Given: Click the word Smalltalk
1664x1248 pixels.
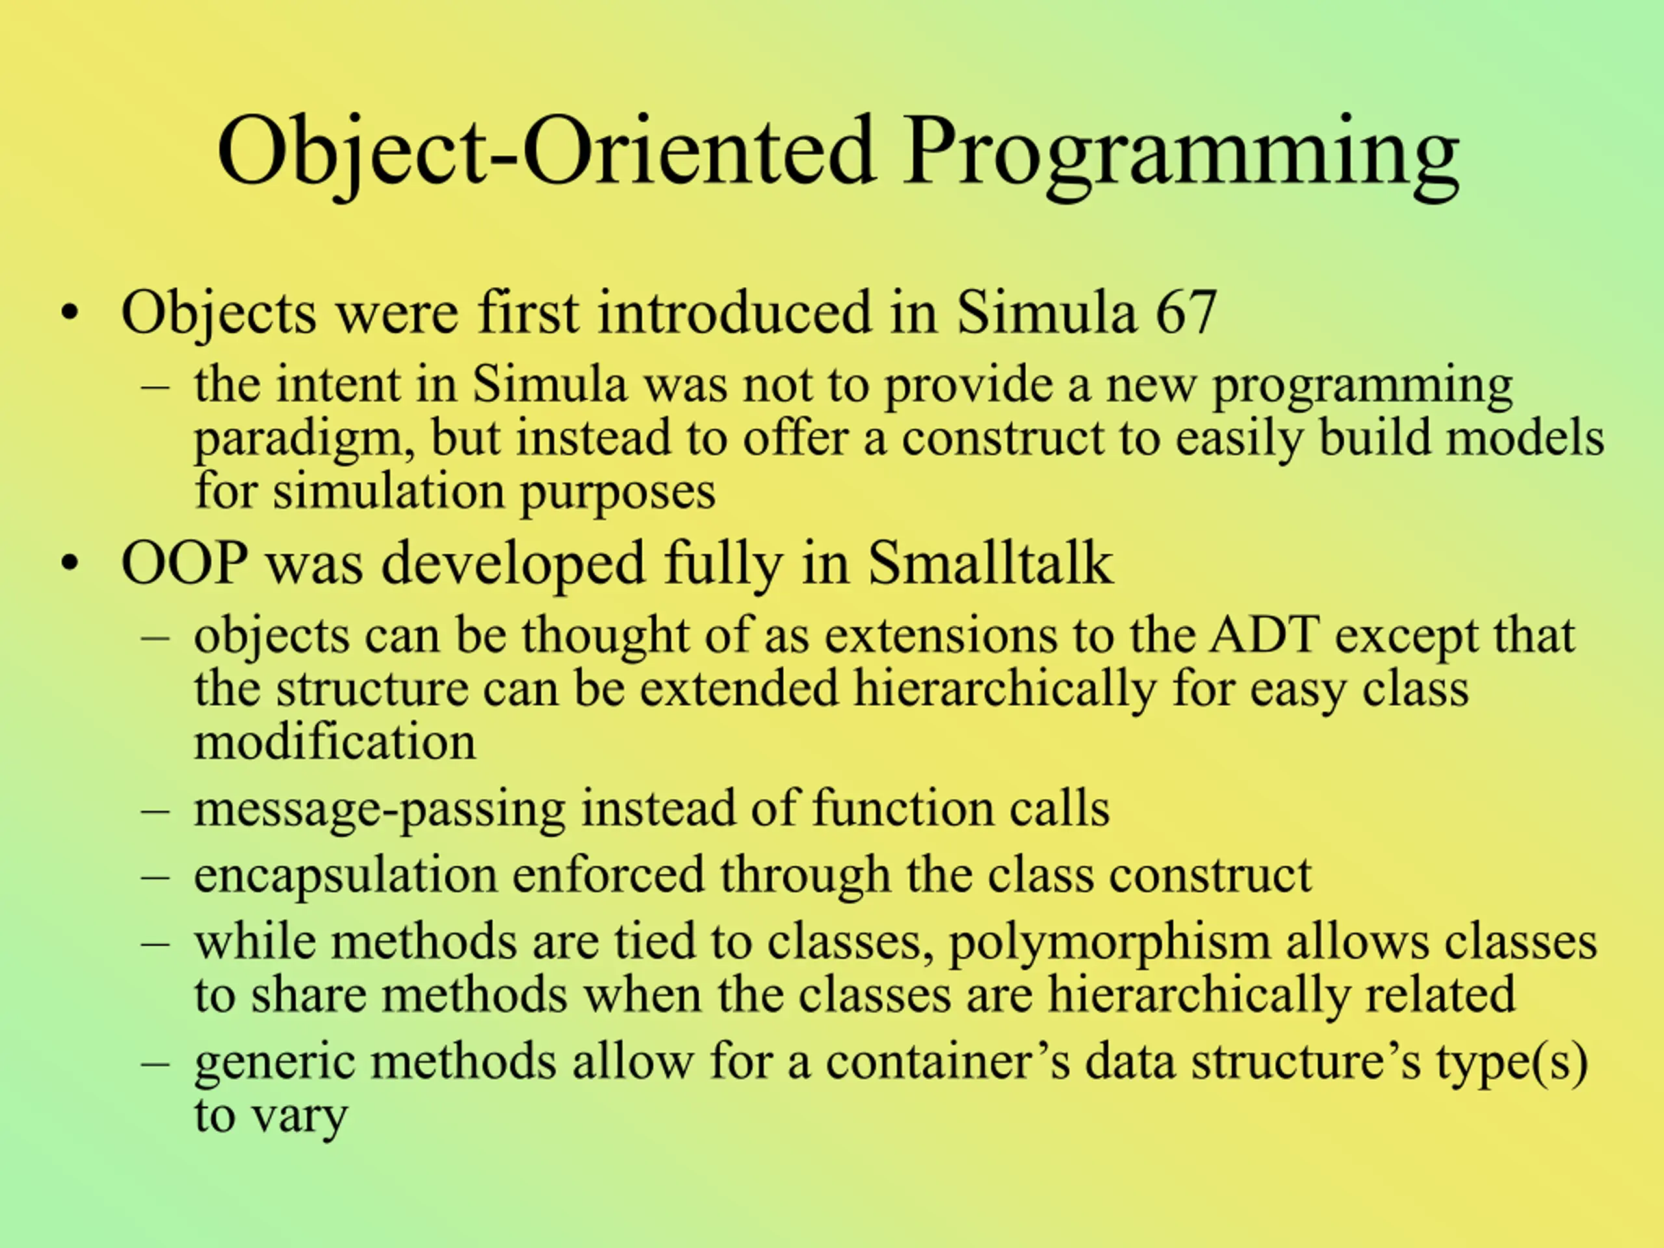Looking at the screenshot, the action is point(990,563).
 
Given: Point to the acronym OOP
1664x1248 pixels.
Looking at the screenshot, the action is point(185,564).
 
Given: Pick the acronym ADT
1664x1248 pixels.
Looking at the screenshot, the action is point(1264,635).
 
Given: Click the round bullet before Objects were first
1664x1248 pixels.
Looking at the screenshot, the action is point(70,314).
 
